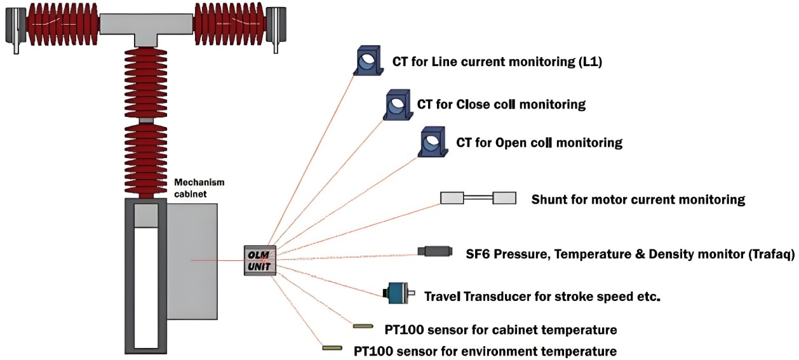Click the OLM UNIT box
click(x=260, y=260)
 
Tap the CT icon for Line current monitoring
click(x=368, y=60)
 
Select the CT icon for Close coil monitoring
click(x=398, y=104)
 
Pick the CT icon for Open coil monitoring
click(x=433, y=142)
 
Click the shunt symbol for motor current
click(x=478, y=198)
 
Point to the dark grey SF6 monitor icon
click(x=435, y=251)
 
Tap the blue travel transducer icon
click(x=399, y=293)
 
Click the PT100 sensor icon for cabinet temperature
click(x=363, y=326)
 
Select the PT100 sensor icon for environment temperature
click(x=332, y=348)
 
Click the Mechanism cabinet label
click(x=199, y=188)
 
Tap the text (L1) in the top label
click(x=590, y=62)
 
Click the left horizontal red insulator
click(x=62, y=24)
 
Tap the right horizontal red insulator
click(x=230, y=24)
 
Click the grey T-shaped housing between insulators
click(x=146, y=28)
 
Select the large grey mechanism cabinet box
click(x=192, y=261)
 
